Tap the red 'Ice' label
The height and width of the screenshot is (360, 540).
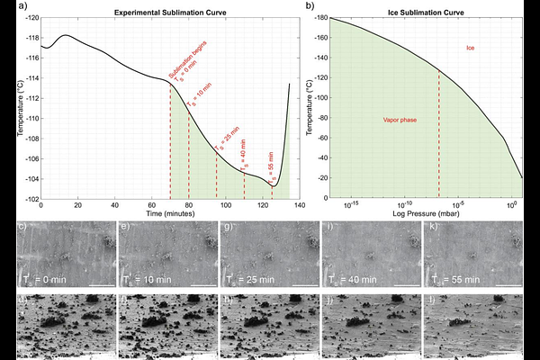[x=471, y=47]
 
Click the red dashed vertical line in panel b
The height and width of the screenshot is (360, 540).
[x=438, y=135]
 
